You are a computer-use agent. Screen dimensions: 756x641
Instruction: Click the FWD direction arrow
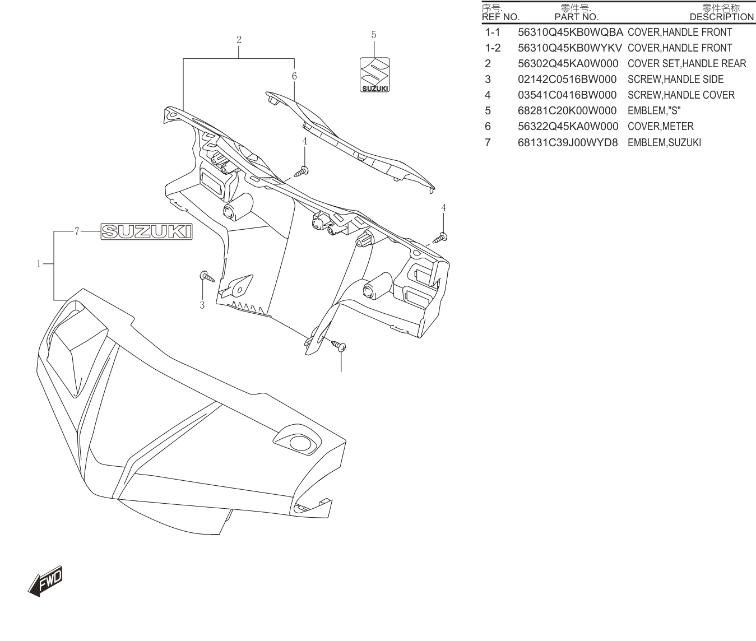[x=45, y=581]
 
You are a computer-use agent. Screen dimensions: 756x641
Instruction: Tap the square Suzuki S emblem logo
[x=374, y=75]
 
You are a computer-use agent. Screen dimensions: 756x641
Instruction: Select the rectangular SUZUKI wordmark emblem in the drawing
[x=146, y=231]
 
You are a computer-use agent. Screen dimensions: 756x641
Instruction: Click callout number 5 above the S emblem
[x=373, y=35]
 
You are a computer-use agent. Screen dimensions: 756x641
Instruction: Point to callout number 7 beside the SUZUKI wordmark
[x=77, y=231]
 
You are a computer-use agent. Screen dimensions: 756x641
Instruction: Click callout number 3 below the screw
[x=202, y=305]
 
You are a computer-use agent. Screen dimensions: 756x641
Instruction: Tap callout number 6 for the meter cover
[x=294, y=76]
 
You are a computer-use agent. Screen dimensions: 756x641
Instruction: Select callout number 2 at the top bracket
[x=239, y=40]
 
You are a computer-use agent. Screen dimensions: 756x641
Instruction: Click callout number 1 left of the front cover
[x=39, y=264]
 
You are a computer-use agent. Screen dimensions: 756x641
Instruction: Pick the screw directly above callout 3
[x=207, y=276]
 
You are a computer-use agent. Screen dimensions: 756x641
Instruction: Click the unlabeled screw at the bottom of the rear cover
[x=338, y=345]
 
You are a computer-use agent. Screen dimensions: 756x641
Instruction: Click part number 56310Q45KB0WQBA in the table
[x=570, y=32]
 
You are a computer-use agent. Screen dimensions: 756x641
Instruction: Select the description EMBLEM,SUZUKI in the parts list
[x=664, y=143]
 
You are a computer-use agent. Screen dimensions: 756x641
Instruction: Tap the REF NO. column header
[x=500, y=17]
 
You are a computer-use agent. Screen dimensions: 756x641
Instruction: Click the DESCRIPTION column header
[x=722, y=17]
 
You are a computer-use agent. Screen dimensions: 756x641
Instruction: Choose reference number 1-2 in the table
[x=493, y=48]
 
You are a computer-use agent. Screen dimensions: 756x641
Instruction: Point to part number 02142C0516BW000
[x=567, y=80]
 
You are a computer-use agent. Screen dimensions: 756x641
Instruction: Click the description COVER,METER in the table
[x=661, y=127]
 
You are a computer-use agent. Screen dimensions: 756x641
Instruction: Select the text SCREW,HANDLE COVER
[x=681, y=95]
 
